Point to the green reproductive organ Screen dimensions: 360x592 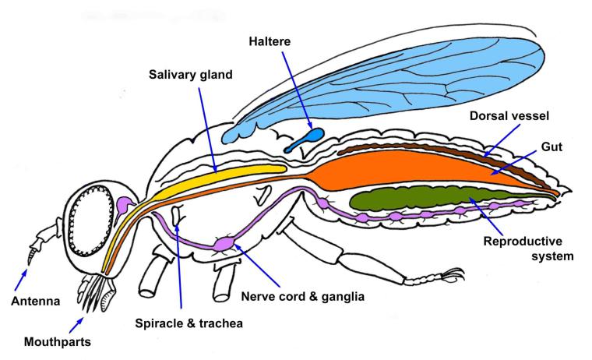pyautogui.click(x=421, y=198)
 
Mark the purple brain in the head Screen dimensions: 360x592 pyautogui.click(x=124, y=206)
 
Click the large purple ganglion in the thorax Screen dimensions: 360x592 pyautogui.click(x=224, y=244)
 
